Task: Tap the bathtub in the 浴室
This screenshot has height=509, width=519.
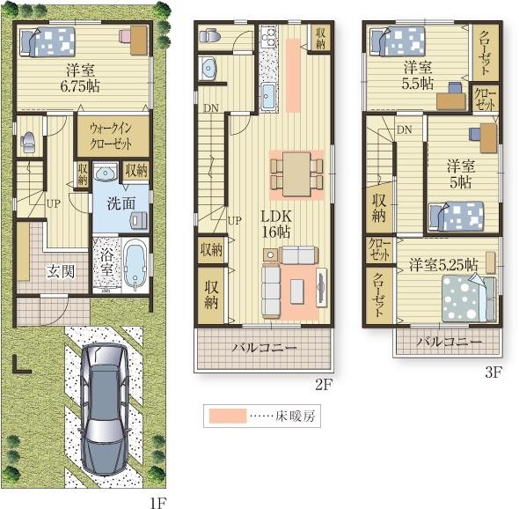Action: pyautogui.click(x=135, y=264)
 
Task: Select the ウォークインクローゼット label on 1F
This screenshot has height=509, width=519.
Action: pyautogui.click(x=111, y=136)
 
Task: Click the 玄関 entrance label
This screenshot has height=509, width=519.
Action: pyautogui.click(x=61, y=271)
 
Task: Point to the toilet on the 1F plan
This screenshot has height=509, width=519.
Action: pyautogui.click(x=28, y=142)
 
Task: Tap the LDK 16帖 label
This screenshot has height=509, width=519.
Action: pyautogui.click(x=276, y=225)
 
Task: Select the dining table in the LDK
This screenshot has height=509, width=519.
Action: pyautogui.click(x=296, y=174)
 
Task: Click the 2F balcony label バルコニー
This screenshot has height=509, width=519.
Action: pyautogui.click(x=264, y=348)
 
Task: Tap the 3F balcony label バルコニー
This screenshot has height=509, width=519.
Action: pyautogui.click(x=449, y=342)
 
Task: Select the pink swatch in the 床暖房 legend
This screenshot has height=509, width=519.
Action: pyautogui.click(x=228, y=416)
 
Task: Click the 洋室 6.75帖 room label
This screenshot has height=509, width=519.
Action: pyautogui.click(x=80, y=78)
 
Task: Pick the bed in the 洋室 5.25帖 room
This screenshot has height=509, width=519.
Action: pyautogui.click(x=469, y=299)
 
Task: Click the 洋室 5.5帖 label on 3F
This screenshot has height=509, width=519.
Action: pyautogui.click(x=418, y=76)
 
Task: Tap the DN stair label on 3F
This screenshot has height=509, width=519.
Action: pyautogui.click(x=404, y=129)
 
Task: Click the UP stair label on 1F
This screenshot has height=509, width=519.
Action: pyautogui.click(x=54, y=203)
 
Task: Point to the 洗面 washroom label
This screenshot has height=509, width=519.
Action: pyautogui.click(x=121, y=203)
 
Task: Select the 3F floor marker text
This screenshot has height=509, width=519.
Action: pyautogui.click(x=493, y=373)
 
